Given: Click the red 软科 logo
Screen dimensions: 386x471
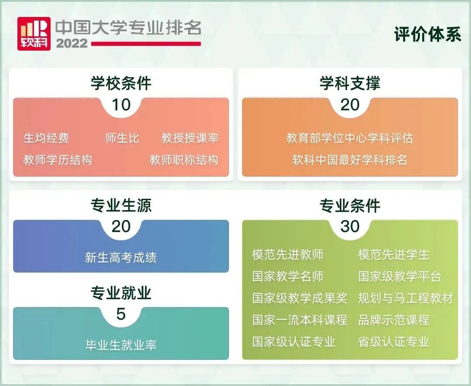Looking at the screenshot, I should click(34, 33).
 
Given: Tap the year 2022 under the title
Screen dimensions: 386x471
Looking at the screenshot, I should click(72, 44).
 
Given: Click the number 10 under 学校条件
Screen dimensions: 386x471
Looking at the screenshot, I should click(121, 105).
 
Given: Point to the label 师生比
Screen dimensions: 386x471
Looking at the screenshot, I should click(122, 138).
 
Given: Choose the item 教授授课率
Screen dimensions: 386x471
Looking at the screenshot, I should click(190, 138).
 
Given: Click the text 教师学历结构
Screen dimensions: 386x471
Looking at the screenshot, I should click(58, 160).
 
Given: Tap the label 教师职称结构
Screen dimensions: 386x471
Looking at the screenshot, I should click(184, 160).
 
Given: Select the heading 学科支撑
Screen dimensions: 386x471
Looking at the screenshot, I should click(350, 83).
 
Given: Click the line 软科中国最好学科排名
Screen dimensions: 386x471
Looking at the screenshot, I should click(350, 160).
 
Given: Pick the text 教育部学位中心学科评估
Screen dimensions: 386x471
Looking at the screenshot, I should click(350, 138).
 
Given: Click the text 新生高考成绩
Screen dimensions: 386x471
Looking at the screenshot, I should click(121, 257).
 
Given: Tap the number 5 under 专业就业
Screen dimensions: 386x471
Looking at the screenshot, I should click(121, 314).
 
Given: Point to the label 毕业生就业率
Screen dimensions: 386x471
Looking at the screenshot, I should click(121, 345).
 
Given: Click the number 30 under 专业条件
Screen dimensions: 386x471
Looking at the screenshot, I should click(350, 226).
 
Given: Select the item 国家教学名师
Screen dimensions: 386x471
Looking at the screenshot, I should click(287, 276).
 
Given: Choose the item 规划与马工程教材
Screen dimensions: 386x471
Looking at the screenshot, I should click(405, 298).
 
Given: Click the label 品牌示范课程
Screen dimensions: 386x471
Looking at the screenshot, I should click(393, 320).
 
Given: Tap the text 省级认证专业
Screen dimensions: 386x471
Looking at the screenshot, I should click(393, 341).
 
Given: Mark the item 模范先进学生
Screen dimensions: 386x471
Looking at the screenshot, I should click(393, 254).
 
